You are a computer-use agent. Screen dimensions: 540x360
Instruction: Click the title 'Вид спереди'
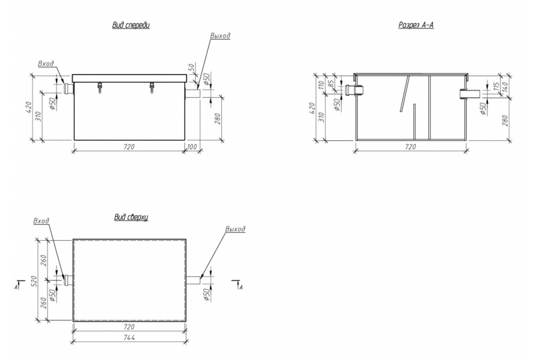pos(131,25)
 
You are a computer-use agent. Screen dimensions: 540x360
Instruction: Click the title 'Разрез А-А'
pos(416,25)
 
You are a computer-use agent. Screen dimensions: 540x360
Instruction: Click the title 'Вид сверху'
pos(131,217)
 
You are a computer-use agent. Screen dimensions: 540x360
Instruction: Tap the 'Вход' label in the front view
pos(46,63)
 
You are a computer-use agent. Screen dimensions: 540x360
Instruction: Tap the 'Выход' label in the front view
pos(220,36)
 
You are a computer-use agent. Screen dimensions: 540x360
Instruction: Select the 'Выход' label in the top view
pos(235,229)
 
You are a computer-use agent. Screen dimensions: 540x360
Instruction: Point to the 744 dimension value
pos(129,338)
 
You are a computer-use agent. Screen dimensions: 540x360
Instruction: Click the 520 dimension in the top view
pos(34,281)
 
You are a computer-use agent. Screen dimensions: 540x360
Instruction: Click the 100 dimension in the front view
pos(192,147)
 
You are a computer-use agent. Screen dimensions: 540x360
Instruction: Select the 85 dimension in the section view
pos(332,83)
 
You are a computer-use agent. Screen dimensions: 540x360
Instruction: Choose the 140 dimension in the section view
pos(505,86)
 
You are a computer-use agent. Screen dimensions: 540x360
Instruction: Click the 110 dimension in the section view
pos(321,85)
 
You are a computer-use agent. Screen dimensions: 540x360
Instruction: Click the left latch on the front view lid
pos(99,88)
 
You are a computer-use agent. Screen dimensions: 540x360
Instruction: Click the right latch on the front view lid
pos(152,88)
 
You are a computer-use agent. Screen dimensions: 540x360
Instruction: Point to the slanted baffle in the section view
pos(405,94)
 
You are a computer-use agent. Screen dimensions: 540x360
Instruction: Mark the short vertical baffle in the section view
pos(414,122)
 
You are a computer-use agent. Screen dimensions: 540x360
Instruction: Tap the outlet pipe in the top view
pos(193,280)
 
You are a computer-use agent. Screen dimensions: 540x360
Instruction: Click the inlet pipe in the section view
pos(355,90)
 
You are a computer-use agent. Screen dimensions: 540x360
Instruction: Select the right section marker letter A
pos(241,288)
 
